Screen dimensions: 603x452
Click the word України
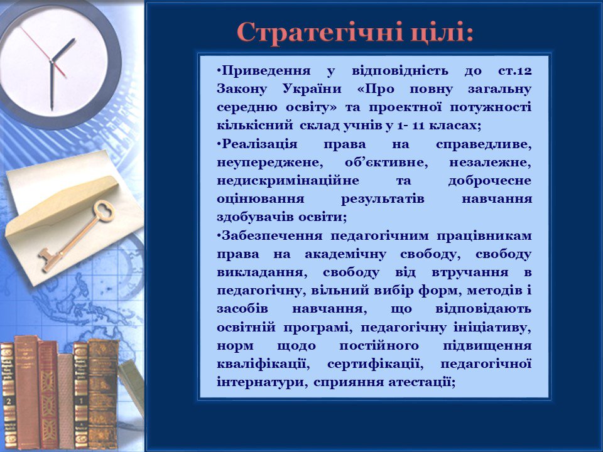tap(312, 89)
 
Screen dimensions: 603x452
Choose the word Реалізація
tap(259, 144)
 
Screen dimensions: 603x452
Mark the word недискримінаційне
tap(288, 181)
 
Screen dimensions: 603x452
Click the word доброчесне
tap(490, 181)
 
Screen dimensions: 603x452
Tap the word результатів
tap(383, 200)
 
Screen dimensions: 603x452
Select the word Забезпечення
tap(272, 235)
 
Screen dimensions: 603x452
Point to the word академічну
tap(345, 255)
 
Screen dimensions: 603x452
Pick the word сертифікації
tap(376, 364)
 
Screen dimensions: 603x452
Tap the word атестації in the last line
tap(421, 382)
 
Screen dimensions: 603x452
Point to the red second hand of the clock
tap(43, 52)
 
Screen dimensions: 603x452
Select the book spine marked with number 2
tap(8, 396)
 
